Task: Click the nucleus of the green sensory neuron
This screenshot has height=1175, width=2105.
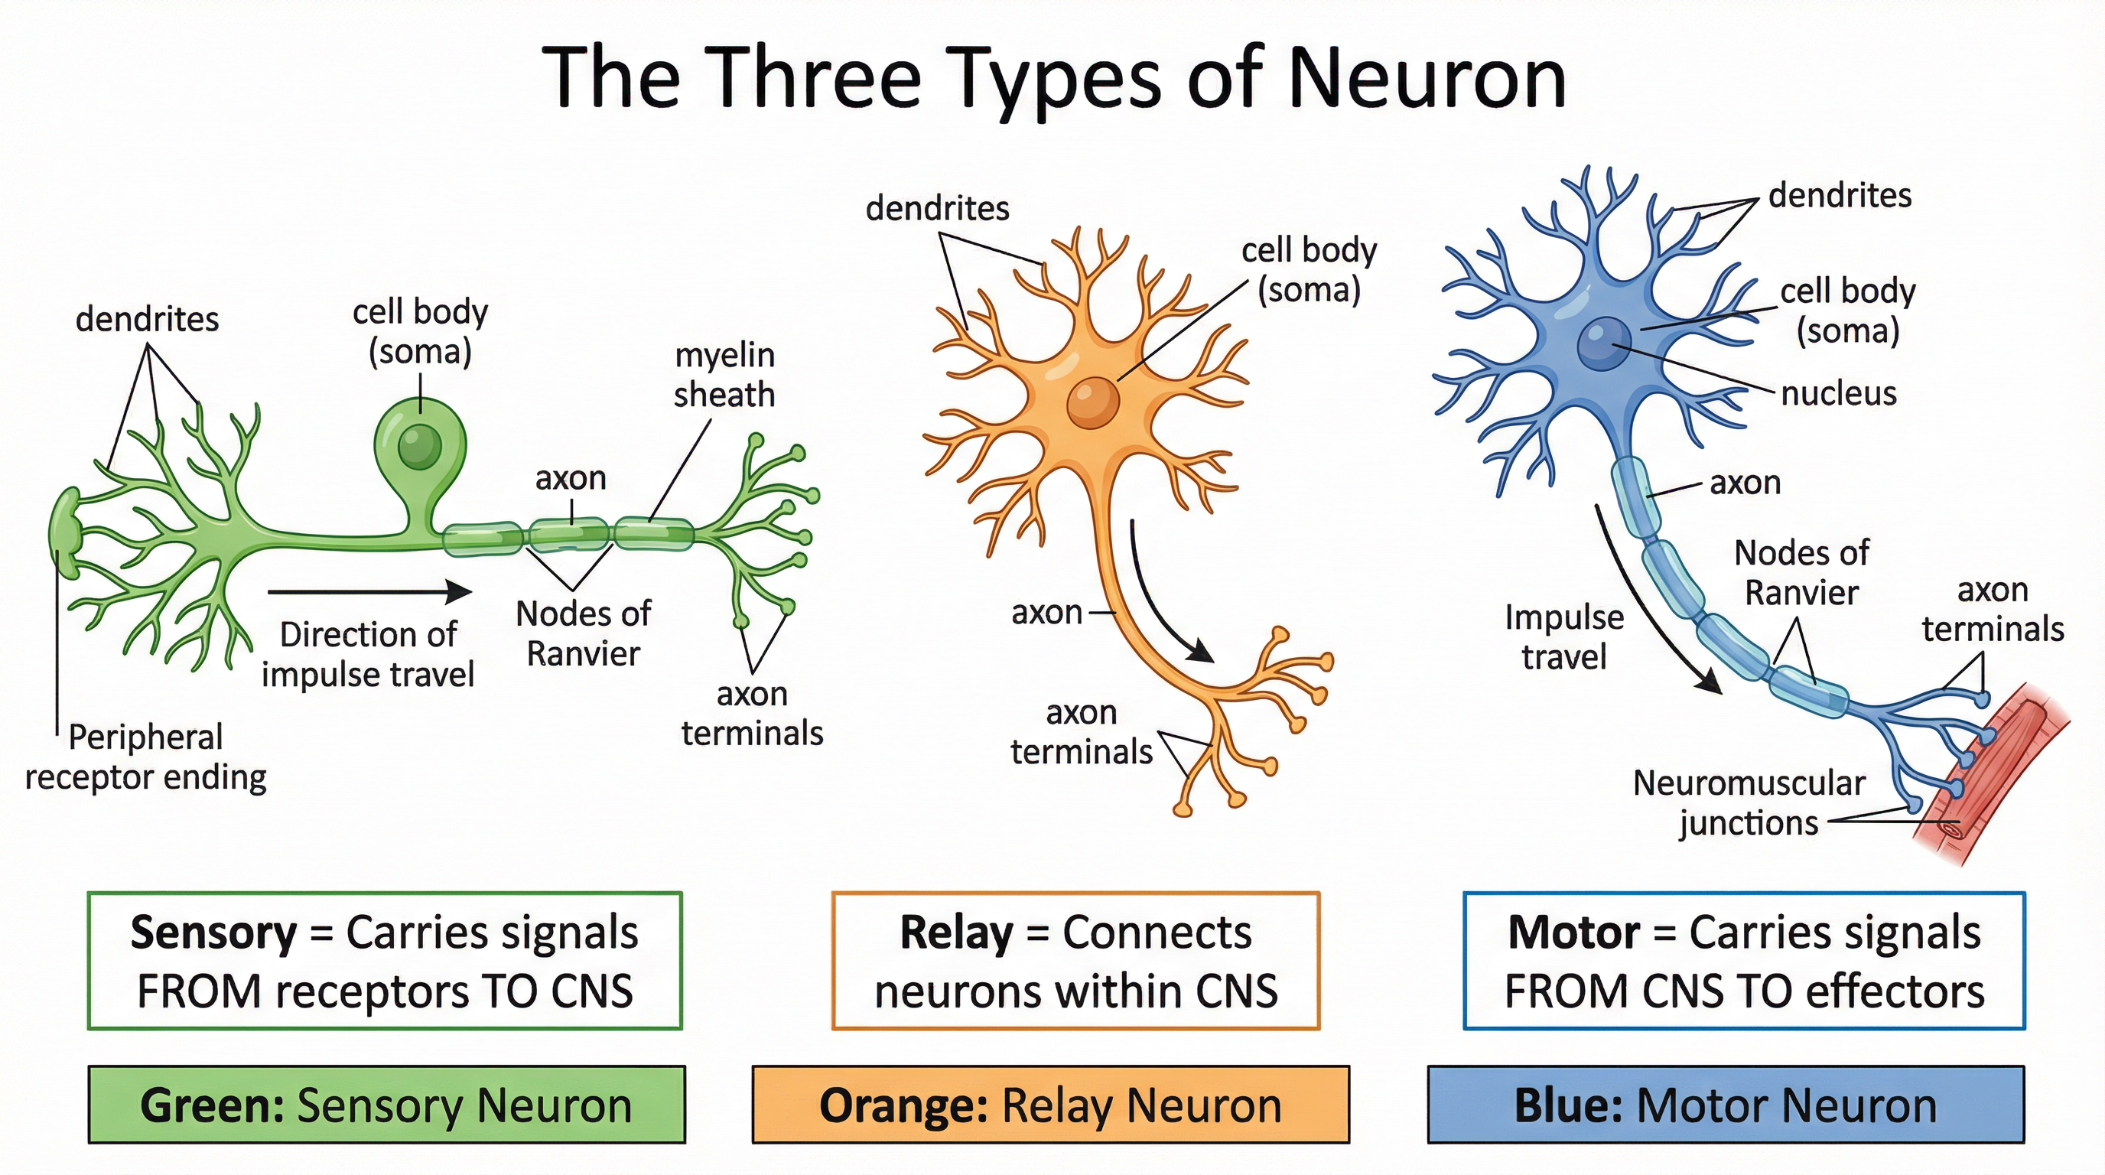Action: click(x=419, y=446)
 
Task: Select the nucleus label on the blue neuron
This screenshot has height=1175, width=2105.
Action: click(x=1839, y=394)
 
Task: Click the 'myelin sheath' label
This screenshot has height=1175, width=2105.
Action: click(x=724, y=375)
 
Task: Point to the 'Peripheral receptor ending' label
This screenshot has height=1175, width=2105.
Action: click(x=145, y=757)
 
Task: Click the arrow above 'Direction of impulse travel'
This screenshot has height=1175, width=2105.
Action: click(x=369, y=591)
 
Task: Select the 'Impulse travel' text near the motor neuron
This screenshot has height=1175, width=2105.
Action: click(x=1564, y=637)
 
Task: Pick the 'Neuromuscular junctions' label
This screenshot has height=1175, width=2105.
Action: click(x=1749, y=802)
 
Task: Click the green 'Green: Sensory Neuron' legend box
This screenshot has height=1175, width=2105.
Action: click(x=386, y=1105)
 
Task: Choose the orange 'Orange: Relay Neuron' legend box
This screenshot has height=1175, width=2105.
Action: click(x=1050, y=1105)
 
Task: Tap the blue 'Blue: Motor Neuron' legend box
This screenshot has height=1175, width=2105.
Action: click(x=1726, y=1105)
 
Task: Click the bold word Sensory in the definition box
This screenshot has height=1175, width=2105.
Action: click(x=214, y=933)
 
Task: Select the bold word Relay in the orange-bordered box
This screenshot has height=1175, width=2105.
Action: click(x=955, y=933)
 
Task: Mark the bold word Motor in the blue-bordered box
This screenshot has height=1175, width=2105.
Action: click(x=1573, y=933)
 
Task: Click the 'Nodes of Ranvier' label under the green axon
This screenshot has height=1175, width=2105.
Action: click(x=583, y=633)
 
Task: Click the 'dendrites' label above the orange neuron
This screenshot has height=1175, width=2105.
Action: click(x=937, y=208)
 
